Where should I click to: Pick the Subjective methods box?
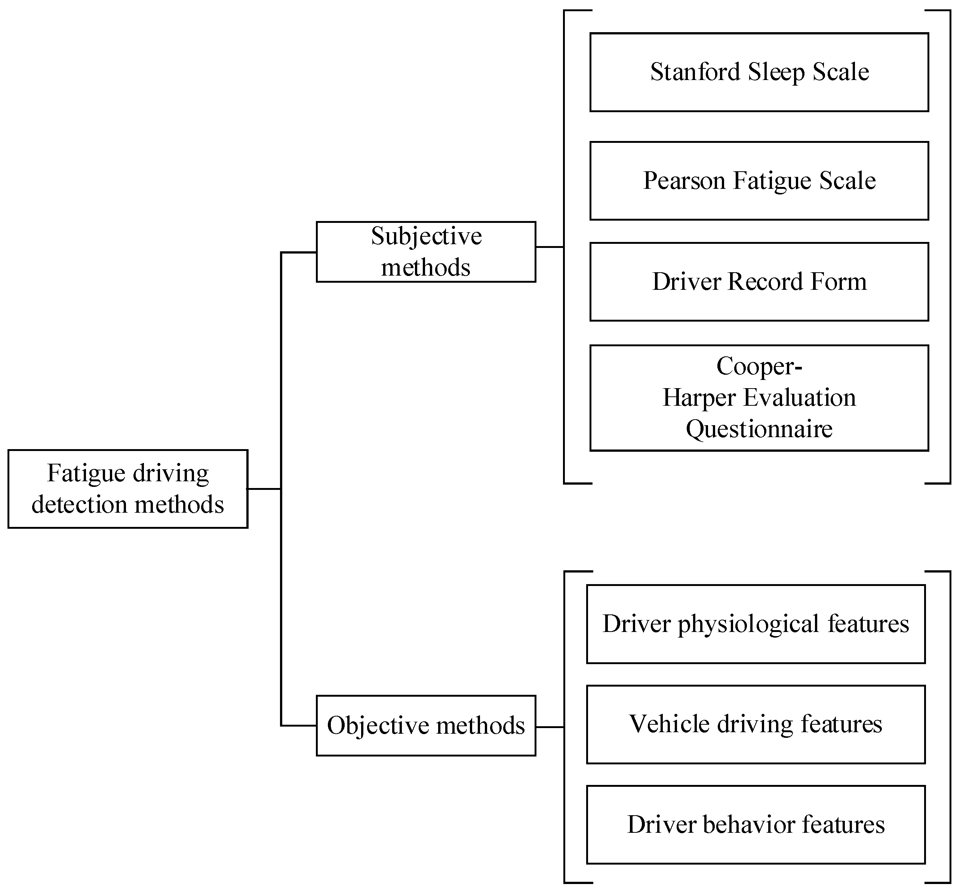pos(425,252)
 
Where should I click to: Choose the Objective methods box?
pos(425,725)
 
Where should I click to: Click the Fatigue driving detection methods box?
pos(127,489)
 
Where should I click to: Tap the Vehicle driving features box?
pos(756,724)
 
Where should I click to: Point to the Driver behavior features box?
pos(756,825)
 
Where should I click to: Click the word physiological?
pos(748,625)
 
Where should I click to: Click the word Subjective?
pos(426,237)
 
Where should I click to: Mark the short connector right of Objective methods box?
pos(550,727)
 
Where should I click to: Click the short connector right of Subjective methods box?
pos(550,247)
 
